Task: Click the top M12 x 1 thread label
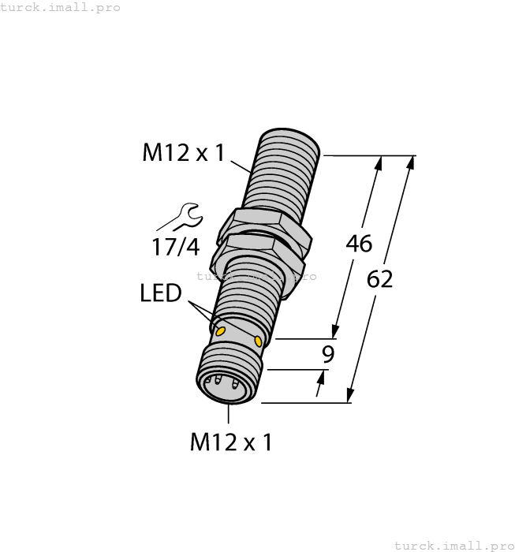[183, 153]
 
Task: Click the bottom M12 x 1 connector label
[231, 442]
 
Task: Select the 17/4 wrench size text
[175, 247]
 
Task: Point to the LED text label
[161, 293]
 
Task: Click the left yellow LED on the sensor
[222, 330]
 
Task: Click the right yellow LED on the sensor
[259, 340]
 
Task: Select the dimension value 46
[359, 244]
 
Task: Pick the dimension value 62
[379, 279]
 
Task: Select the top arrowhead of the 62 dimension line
[409, 162]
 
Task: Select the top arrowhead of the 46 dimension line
[379, 162]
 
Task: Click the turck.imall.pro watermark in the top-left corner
[61, 7]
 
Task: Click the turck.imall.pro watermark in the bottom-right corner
[453, 545]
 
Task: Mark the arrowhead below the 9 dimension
[320, 389]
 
